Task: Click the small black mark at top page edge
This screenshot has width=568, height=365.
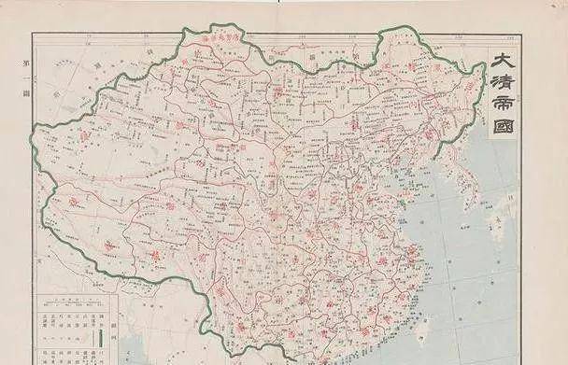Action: (x=278, y=3)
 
